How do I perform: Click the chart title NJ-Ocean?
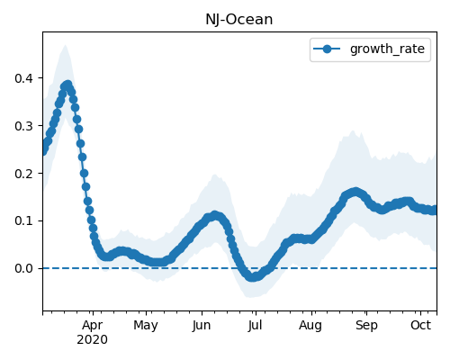239,20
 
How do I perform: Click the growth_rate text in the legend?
387,49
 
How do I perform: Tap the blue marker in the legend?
327,49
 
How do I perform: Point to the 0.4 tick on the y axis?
23,78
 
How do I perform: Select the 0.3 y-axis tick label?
23,126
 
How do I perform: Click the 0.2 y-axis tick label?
23,174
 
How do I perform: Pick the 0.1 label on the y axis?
23,221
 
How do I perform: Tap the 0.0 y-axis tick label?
23,268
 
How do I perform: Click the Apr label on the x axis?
93,326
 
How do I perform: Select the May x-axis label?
146,326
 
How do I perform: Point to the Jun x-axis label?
202,326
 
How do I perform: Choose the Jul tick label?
255,326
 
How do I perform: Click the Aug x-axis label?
310,326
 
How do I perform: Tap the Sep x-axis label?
366,326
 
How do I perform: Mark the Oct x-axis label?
420,326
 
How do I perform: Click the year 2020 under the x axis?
92,340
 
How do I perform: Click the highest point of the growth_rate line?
68,85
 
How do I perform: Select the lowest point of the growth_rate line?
253,277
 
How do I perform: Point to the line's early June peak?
215,215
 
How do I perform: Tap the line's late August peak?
355,192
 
